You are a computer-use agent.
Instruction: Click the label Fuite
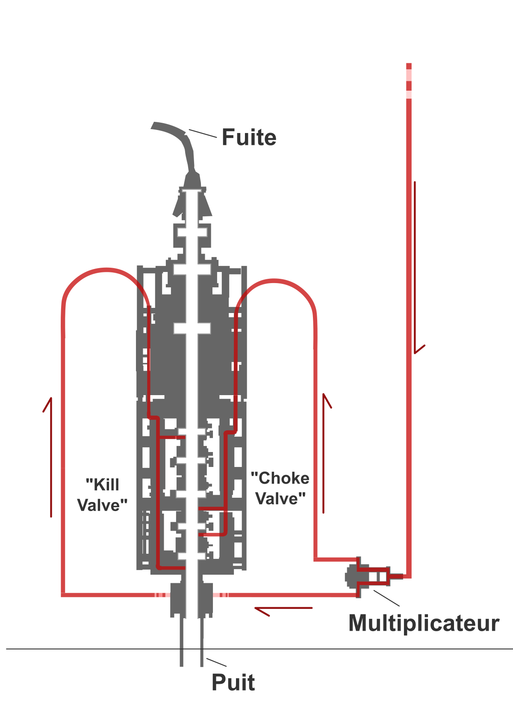coord(249,137)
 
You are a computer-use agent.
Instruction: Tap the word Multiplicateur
coord(424,623)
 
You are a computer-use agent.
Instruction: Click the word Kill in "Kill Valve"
coord(103,484)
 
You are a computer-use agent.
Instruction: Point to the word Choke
coord(280,478)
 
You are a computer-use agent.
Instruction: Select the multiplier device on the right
coord(367,577)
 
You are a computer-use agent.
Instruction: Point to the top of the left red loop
coord(106,270)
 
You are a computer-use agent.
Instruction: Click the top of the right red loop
coord(274,281)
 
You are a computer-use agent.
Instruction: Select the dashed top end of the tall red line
coord(409,81)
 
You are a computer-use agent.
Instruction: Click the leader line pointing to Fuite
coord(203,133)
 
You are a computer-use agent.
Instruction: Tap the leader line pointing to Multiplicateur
coord(386,598)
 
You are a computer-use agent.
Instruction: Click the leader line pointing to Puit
coord(216,662)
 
